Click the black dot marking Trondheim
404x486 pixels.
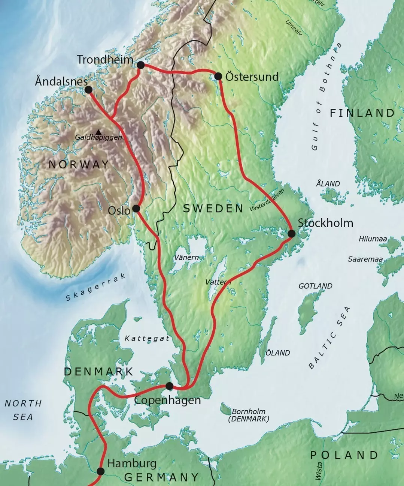141,65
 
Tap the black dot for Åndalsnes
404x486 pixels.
88,90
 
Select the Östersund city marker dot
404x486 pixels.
219,76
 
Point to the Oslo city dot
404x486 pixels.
136,208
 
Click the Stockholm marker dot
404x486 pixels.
291,234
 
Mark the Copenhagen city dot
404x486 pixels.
169,386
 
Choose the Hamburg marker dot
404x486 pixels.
100,471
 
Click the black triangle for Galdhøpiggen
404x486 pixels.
98,132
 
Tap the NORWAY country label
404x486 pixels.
79,164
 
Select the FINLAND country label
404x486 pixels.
362,113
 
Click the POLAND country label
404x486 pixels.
344,455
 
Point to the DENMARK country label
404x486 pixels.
98,371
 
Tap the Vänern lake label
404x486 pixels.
186,258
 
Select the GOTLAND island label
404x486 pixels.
315,286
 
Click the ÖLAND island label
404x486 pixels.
277,353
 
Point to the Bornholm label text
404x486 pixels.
249,411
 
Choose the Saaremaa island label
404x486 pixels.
365,259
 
